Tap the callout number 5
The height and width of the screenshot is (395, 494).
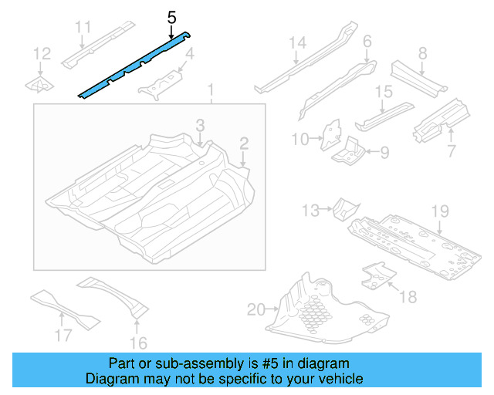171,16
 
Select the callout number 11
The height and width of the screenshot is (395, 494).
83,28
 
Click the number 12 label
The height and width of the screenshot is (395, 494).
42,53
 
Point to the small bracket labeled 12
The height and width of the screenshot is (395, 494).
39,83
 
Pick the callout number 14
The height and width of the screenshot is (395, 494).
298,43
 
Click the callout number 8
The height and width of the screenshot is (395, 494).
421,53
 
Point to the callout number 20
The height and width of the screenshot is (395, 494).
255,310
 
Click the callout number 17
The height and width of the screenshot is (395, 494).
63,335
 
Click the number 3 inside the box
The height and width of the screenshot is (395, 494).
199,125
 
